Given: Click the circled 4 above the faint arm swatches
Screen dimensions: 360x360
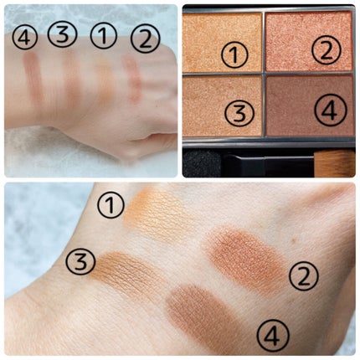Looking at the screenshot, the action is [25, 38].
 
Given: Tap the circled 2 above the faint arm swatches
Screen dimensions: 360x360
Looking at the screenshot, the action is [145, 39].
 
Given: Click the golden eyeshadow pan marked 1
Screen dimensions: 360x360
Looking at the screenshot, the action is [222, 42].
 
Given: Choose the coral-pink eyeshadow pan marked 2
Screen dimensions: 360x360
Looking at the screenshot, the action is [309, 41].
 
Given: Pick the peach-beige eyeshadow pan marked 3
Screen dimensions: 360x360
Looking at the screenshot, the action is [222, 105].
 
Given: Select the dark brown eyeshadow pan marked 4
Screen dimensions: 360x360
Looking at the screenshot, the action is [310, 105].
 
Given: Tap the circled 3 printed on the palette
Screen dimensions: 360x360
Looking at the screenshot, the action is [239, 113].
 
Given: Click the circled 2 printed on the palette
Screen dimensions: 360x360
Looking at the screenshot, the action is [327, 50].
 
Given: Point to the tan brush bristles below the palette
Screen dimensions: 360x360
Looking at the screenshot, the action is [334, 163].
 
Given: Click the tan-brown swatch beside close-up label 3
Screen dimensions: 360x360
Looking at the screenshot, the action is [123, 270].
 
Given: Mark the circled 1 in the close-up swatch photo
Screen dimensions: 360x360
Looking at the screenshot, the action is [111, 205].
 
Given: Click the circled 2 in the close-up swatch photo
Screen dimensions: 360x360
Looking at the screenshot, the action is [304, 275].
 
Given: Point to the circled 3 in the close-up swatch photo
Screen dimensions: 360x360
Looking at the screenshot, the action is [80, 262].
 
